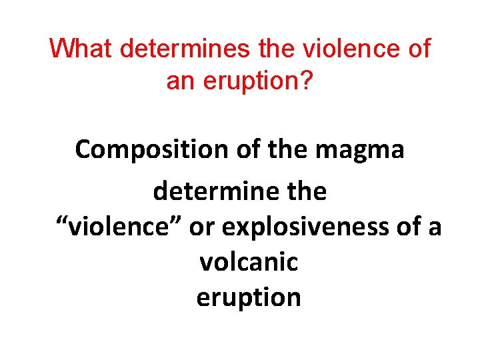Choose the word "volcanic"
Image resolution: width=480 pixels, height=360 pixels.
249,263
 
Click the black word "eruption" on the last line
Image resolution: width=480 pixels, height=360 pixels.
249,297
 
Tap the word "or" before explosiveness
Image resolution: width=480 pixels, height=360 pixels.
203,227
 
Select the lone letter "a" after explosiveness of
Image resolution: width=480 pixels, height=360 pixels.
435,227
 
